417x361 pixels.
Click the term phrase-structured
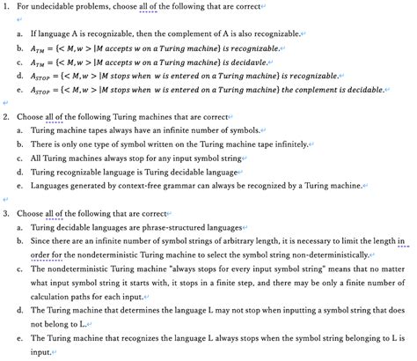[x=164, y=227]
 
